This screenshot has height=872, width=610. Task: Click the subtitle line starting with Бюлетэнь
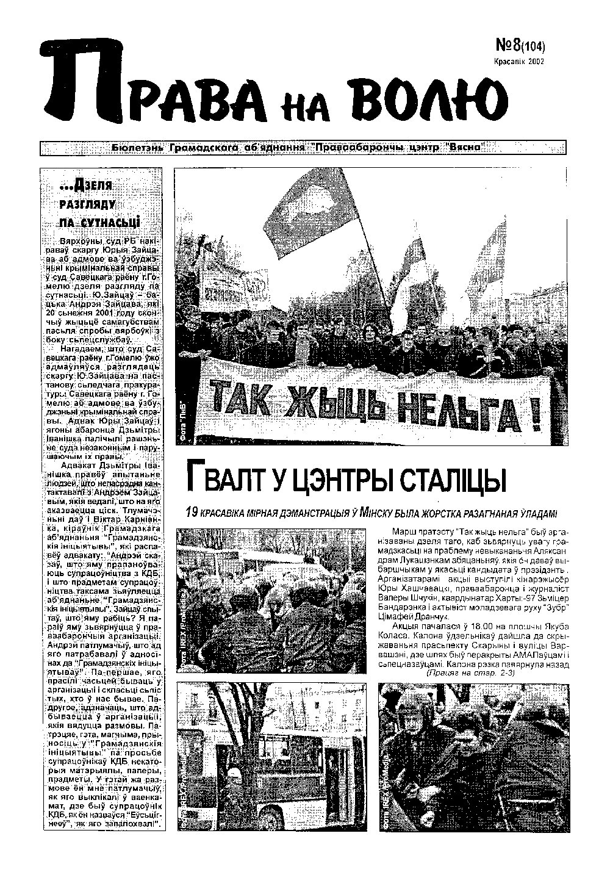pyautogui.click(x=302, y=148)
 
